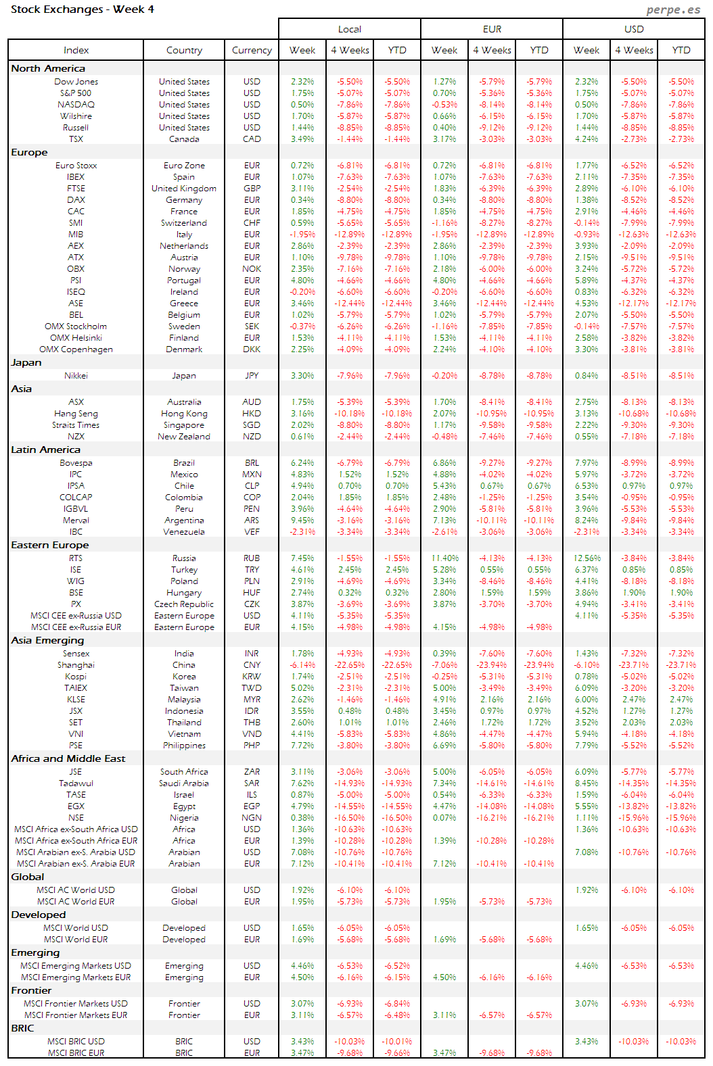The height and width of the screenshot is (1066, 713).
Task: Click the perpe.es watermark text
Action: pos(673,9)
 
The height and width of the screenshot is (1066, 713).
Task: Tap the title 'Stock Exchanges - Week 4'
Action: pos(83,9)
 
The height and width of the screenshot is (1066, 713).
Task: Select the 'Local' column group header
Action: pos(350,29)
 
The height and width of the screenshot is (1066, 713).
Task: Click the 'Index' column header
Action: pos(76,50)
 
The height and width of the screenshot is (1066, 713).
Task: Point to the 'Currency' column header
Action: pos(252,50)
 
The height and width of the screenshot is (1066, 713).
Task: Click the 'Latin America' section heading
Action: pos(45,450)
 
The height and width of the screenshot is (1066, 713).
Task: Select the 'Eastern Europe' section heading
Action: pos(49,545)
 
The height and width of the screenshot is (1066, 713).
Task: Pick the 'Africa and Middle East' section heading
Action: pos(68,758)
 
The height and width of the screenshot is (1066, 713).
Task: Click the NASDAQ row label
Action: pos(76,105)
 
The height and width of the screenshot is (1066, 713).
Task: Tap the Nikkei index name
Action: pos(76,376)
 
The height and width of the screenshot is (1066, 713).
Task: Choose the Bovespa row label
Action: pos(76,463)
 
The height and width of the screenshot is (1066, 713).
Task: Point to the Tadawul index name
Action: pos(76,783)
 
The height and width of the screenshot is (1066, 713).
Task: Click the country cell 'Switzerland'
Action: pos(184,223)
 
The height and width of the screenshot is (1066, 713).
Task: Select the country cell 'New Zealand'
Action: pos(184,437)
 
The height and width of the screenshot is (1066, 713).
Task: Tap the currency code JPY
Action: pos(252,376)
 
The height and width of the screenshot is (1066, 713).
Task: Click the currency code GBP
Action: pos(252,189)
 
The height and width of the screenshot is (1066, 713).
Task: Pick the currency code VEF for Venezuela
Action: pos(252,532)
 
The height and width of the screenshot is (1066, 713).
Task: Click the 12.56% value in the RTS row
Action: pos(586,558)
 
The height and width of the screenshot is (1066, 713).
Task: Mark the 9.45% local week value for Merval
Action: pos(302,520)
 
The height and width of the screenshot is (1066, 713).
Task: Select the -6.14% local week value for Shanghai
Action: pos(302,665)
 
